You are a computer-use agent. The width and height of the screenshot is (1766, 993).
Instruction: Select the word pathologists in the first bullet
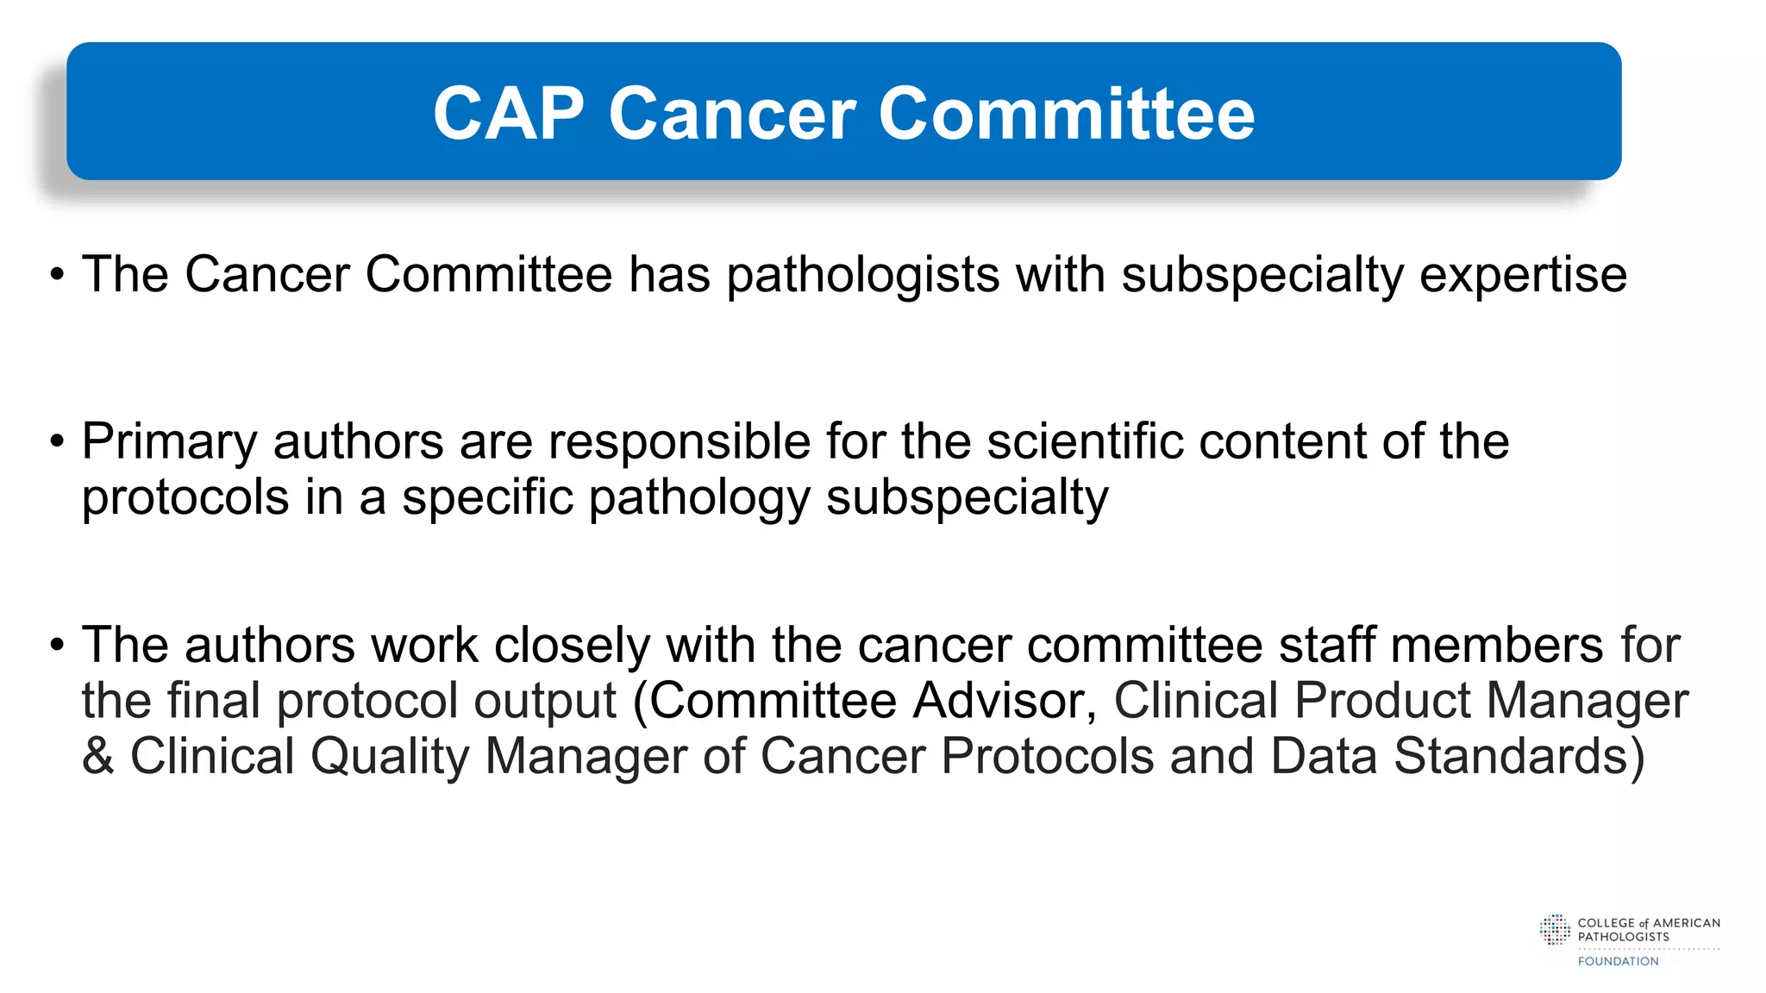862,276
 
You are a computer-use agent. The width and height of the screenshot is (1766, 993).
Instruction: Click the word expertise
1523,276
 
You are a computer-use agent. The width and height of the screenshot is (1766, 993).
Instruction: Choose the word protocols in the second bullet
185,498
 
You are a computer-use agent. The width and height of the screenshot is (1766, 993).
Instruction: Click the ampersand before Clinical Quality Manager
97,756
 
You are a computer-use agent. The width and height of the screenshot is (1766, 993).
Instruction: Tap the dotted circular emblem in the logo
1555,930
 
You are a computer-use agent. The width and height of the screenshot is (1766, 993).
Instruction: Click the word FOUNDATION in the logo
1618,961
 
